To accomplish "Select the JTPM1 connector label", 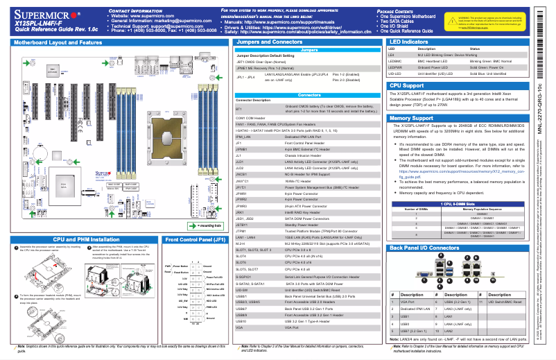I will pyautogui.click(x=241, y=230).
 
